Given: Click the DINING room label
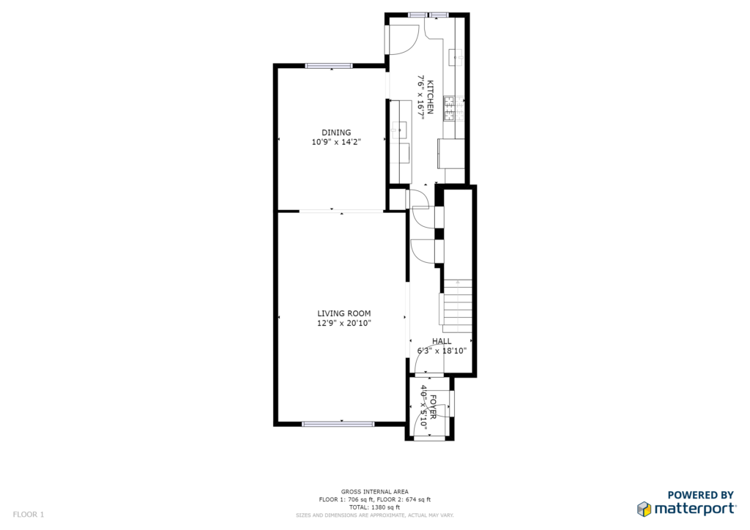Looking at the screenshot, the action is [x=335, y=132].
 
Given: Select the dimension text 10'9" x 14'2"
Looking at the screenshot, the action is [x=335, y=142].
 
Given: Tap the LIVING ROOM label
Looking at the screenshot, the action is [x=344, y=313].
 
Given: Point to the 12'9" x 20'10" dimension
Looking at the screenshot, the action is [x=344, y=323].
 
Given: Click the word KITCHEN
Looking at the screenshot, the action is [x=430, y=97].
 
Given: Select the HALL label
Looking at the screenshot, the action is [x=442, y=341].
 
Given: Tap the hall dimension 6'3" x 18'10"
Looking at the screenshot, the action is [x=442, y=351].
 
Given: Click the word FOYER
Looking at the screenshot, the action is [x=433, y=407].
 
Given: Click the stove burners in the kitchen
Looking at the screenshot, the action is [x=450, y=108].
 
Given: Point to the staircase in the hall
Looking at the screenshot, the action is [x=457, y=306].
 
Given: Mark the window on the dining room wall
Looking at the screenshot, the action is [x=329, y=66].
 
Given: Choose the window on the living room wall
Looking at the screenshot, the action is [x=338, y=424].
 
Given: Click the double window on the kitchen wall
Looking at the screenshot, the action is [x=428, y=15].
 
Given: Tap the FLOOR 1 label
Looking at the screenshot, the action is [x=29, y=515].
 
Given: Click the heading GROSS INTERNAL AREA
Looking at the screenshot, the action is [x=374, y=492].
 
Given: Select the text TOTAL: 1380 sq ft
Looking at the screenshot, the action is [x=374, y=507].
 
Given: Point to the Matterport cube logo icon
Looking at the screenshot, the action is [x=645, y=509].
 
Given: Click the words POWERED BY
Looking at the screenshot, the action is [x=701, y=495].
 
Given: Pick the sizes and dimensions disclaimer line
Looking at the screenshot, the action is [x=374, y=515].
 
